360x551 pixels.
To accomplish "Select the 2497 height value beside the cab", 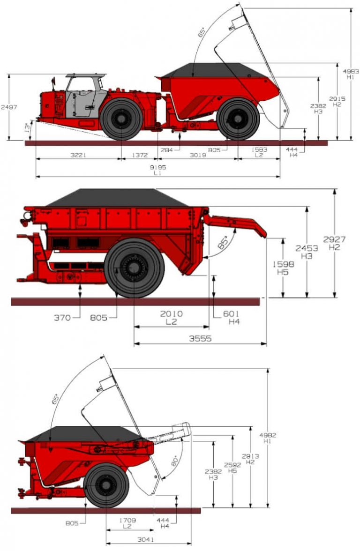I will (8, 107).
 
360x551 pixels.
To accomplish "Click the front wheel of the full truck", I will (121, 119).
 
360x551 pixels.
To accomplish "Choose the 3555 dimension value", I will (200, 338).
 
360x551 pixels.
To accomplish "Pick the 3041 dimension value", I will (145, 539).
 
